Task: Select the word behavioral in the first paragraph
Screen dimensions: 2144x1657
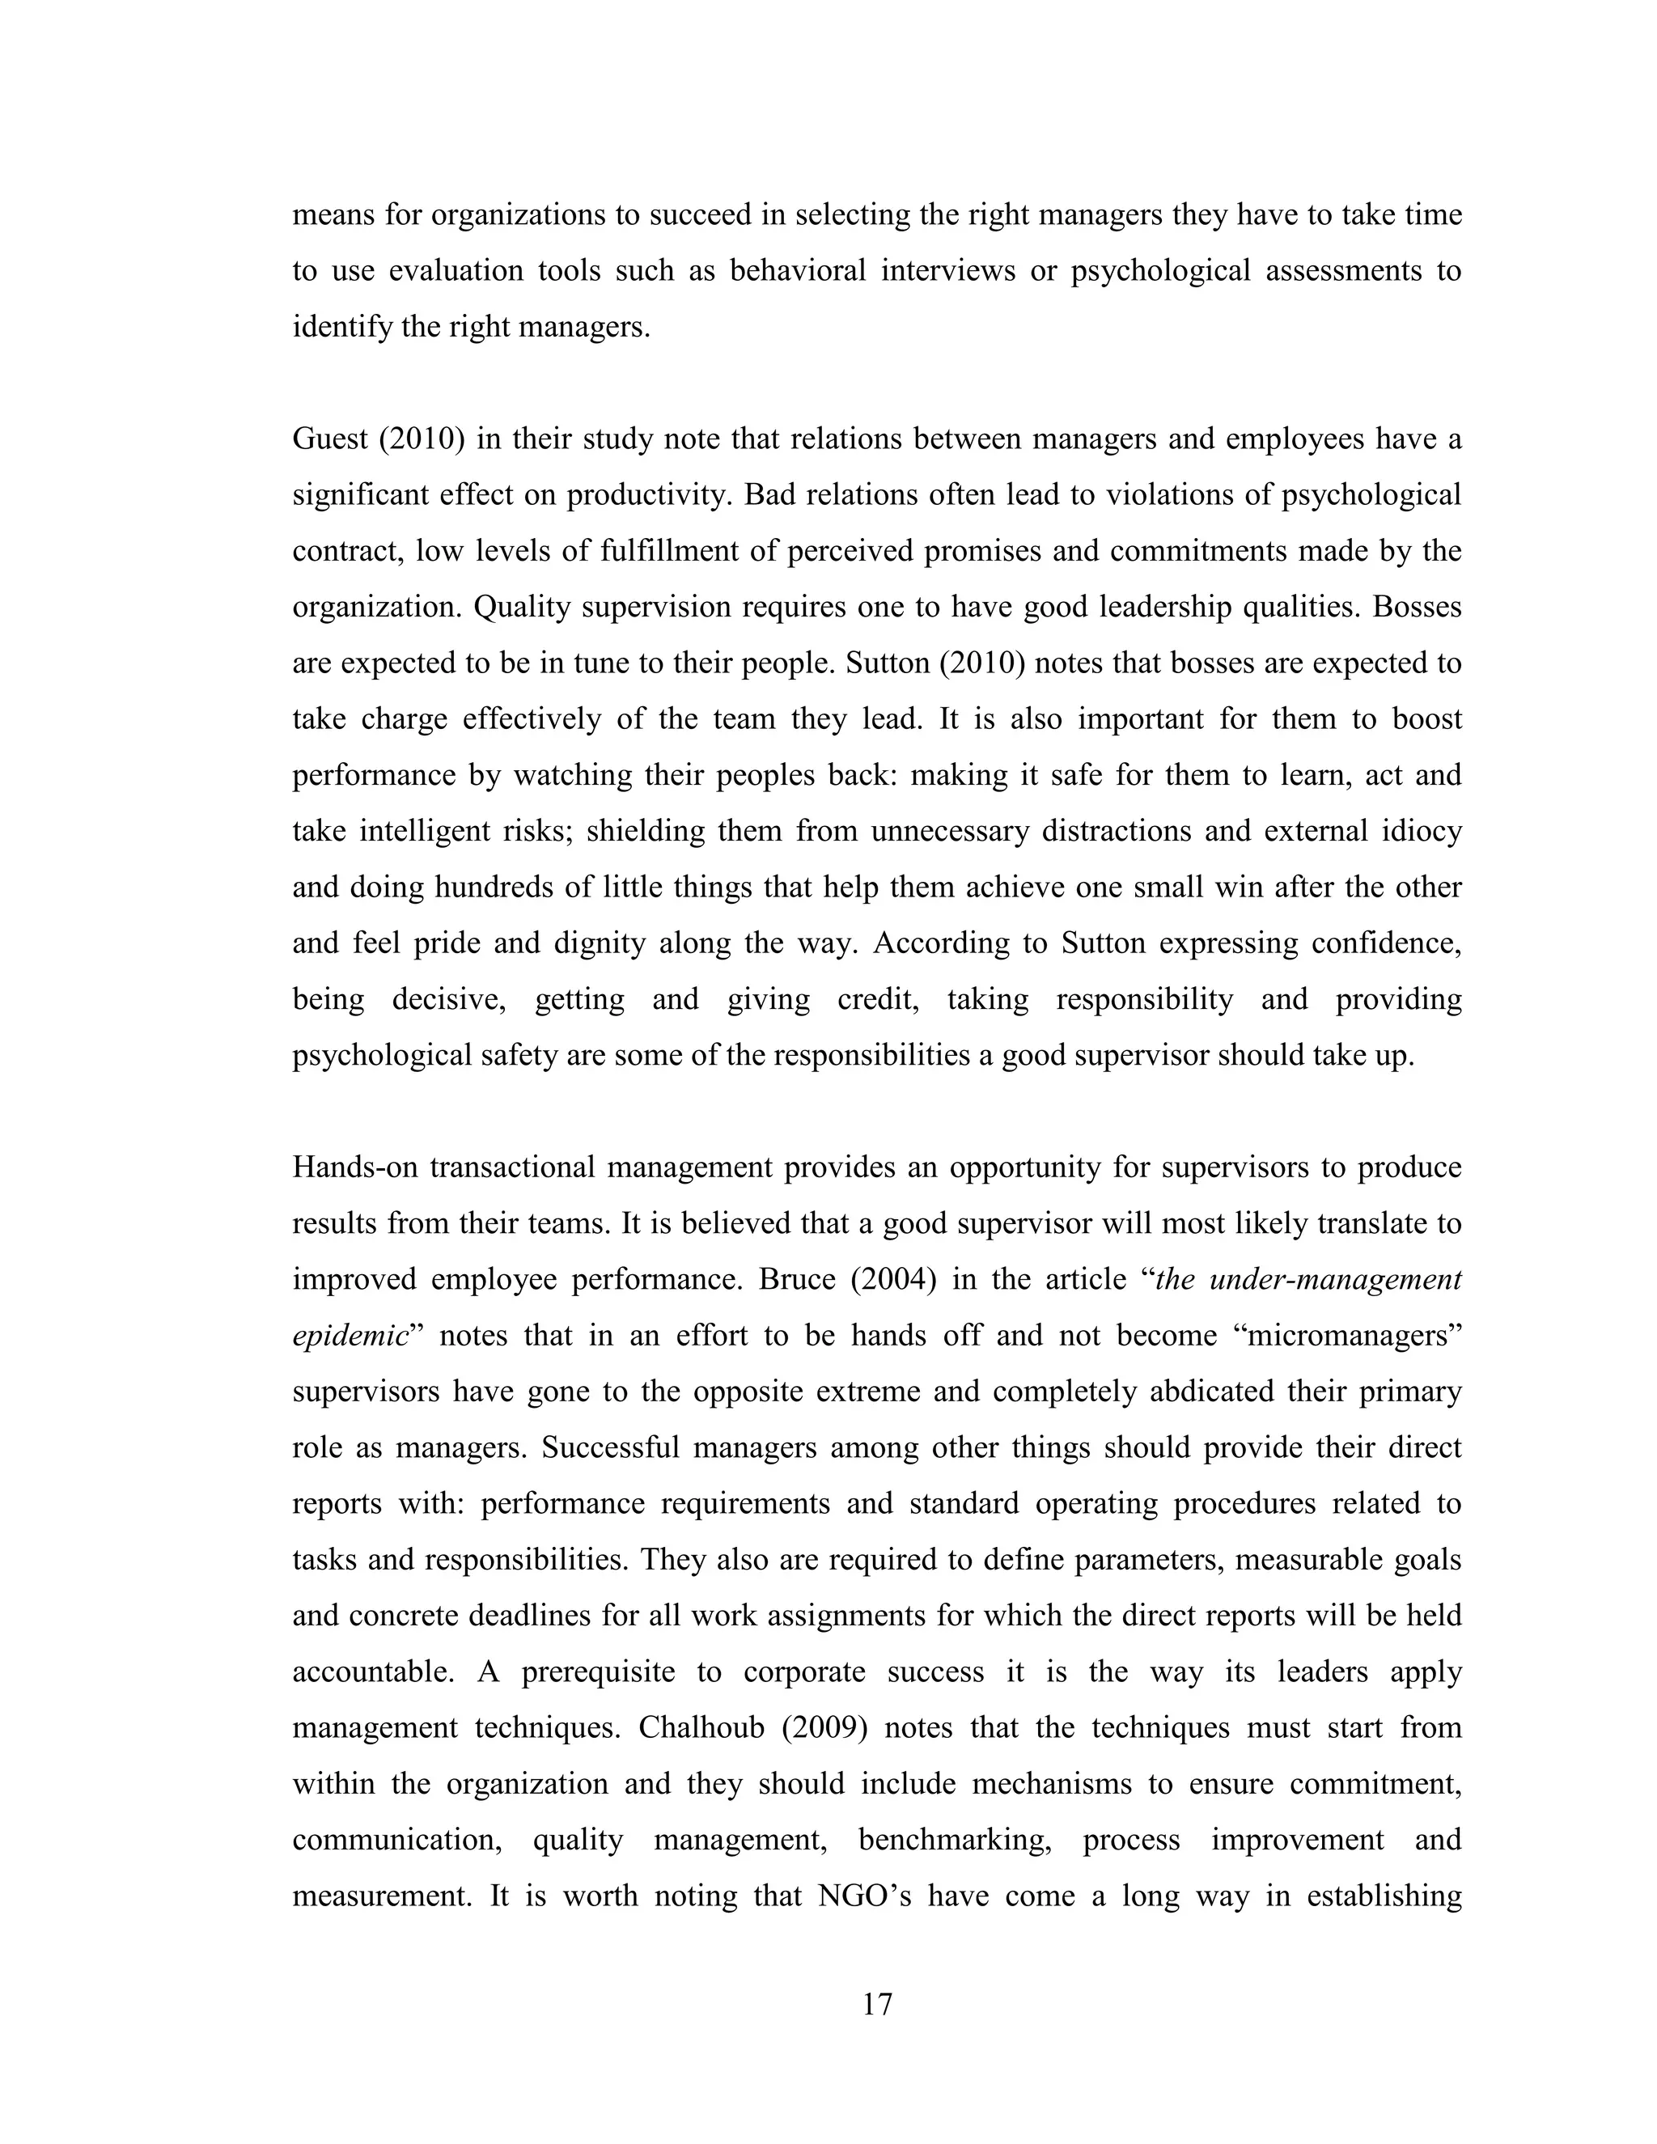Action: [797, 271]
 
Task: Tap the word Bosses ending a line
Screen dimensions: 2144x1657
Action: [1417, 608]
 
